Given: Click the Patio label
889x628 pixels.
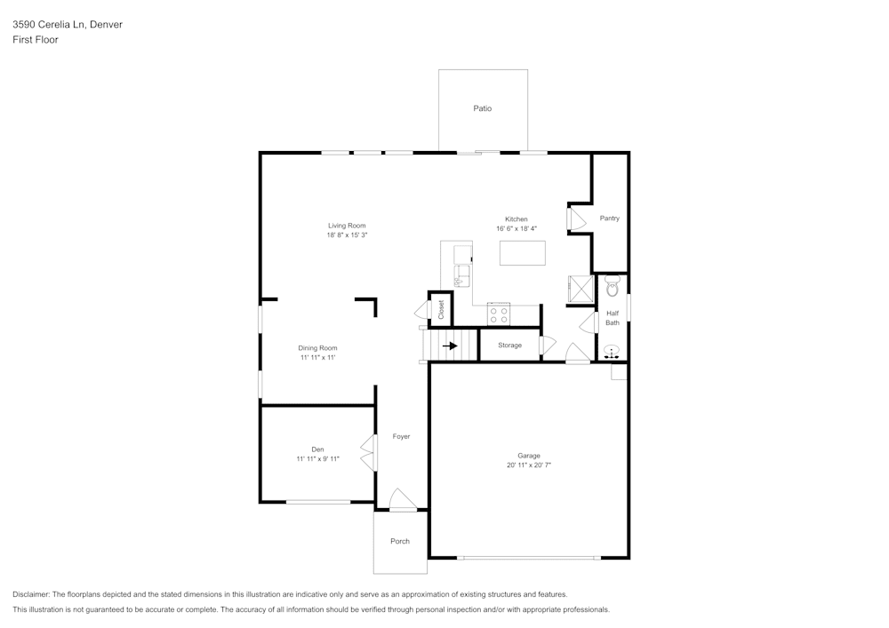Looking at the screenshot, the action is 483,108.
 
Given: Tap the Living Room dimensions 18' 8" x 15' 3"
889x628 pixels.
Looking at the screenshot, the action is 347,235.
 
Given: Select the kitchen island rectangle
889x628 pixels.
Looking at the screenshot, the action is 523,253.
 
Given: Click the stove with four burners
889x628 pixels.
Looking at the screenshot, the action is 499,314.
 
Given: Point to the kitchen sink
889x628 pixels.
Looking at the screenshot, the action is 462,276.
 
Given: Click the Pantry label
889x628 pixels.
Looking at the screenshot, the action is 610,218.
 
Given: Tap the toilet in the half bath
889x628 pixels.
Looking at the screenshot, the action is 613,287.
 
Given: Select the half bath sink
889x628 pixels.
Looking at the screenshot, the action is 612,351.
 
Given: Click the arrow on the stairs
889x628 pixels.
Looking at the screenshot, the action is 450,346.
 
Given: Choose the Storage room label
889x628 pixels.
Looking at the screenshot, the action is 509,346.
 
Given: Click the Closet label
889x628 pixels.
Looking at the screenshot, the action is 441,309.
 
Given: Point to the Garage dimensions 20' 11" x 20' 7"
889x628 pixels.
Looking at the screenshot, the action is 529,465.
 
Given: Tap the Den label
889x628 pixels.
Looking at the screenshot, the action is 317,449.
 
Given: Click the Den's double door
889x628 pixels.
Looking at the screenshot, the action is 369,452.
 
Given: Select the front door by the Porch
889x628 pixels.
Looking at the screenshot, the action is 403,499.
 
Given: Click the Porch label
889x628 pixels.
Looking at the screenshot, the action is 400,541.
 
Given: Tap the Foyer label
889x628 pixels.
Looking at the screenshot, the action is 402,437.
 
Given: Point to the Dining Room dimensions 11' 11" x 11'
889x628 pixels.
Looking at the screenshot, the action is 318,358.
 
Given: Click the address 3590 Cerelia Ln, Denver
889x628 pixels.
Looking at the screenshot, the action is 68,24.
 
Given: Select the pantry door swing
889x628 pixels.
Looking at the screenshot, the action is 577,219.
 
